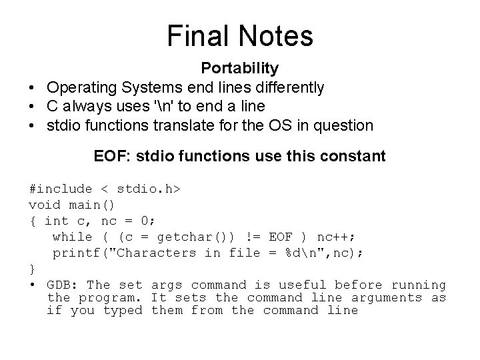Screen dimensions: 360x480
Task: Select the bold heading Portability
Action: click(x=240, y=68)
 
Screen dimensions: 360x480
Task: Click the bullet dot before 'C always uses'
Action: click(x=32, y=106)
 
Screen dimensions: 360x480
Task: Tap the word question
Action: click(x=344, y=125)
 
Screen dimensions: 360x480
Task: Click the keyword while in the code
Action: click(x=72, y=237)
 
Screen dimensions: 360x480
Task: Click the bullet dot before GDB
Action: click(x=32, y=285)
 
